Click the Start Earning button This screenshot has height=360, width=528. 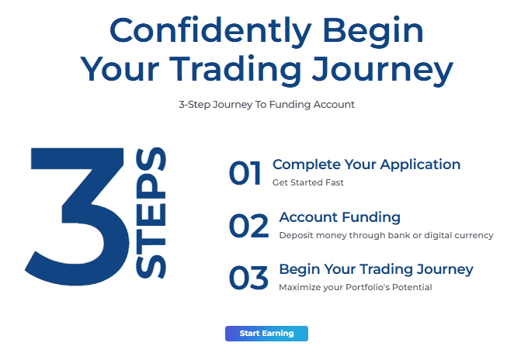pyautogui.click(x=266, y=334)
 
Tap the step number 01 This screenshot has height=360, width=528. pyautogui.click(x=245, y=173)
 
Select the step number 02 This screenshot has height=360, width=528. pyautogui.click(x=248, y=226)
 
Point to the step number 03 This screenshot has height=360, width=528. pyautogui.click(x=248, y=278)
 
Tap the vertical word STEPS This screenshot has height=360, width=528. pyautogui.click(x=151, y=213)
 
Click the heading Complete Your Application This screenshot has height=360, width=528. pyautogui.click(x=366, y=164)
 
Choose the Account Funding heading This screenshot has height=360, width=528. pyautogui.click(x=340, y=217)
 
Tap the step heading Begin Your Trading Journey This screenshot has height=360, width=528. pyautogui.click(x=376, y=269)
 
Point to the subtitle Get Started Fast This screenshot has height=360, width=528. pyautogui.click(x=308, y=182)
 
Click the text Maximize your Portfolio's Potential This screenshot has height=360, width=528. pyautogui.click(x=356, y=287)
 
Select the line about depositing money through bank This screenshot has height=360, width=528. pyautogui.click(x=386, y=235)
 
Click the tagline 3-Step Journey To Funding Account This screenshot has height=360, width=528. pyautogui.click(x=266, y=105)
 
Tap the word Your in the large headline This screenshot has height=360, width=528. pyautogui.click(x=120, y=69)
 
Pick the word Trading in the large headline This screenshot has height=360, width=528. pyautogui.click(x=235, y=71)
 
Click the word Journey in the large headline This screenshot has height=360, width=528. pyautogui.click(x=383, y=71)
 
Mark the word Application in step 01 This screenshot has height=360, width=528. pyautogui.click(x=421, y=164)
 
